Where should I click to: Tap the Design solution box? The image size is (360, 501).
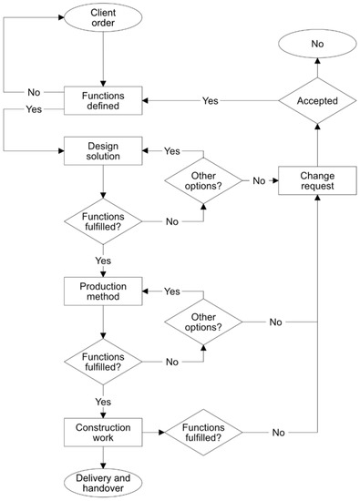[x=102, y=150]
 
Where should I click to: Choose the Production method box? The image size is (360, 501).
[x=102, y=291]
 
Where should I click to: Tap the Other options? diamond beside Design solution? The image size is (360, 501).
[x=201, y=180]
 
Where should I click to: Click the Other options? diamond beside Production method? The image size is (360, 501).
[x=201, y=321]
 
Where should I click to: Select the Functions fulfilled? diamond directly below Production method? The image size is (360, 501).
[x=102, y=362]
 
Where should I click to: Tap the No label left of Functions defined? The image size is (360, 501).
[x=33, y=92]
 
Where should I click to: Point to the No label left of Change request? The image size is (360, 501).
[x=258, y=180]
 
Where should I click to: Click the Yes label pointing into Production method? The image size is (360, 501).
[x=171, y=291]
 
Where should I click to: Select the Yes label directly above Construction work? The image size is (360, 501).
[x=102, y=400]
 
